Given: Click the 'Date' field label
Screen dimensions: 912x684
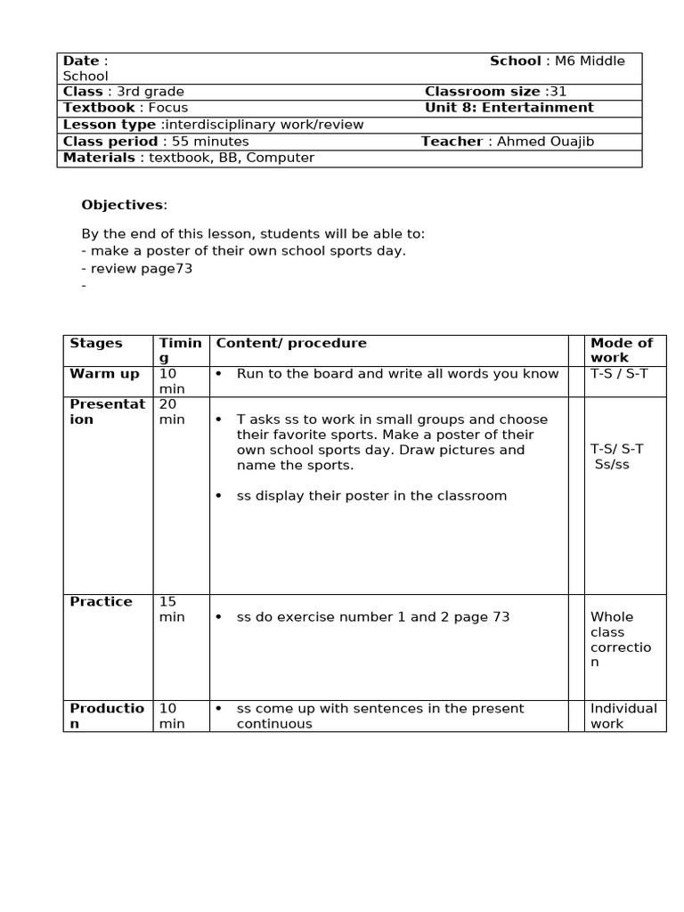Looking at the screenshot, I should (x=81, y=61).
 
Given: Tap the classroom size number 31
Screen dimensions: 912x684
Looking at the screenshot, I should (x=558, y=92).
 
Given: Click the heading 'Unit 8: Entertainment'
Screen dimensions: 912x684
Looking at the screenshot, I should (x=509, y=108).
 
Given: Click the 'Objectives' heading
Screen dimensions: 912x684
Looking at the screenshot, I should (x=122, y=205).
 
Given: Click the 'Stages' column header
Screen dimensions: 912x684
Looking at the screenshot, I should (x=96, y=343).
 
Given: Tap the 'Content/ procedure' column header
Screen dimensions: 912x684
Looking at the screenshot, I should (x=291, y=343).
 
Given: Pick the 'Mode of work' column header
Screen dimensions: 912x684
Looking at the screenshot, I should (x=622, y=350).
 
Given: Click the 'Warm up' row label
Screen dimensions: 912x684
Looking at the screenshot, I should (x=104, y=374).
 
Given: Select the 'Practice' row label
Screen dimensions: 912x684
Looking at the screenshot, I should (x=101, y=602).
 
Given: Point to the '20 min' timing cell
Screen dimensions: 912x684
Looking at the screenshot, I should (x=171, y=411).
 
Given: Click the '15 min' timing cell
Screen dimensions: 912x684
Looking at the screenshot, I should (x=171, y=609).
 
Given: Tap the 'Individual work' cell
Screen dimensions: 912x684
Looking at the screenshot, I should (x=623, y=716).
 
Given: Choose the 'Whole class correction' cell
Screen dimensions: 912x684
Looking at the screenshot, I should (x=621, y=639).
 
